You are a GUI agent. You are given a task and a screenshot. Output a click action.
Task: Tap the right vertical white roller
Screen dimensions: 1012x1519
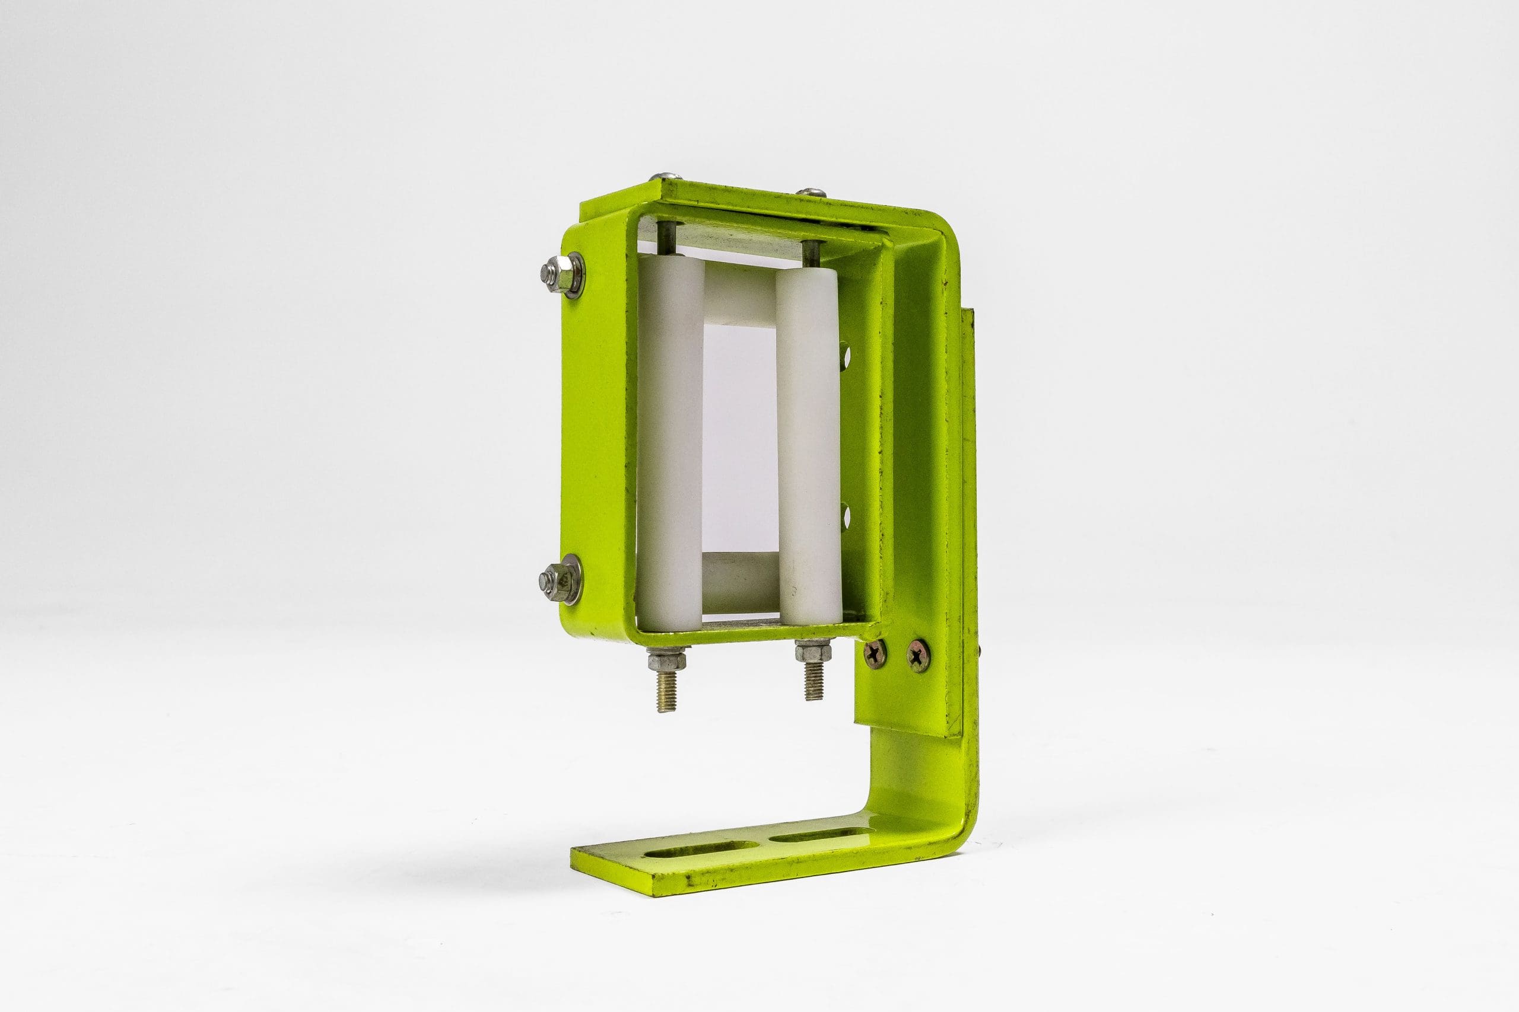click(808, 439)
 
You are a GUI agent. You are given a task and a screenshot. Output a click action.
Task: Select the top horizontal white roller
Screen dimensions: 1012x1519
click(739, 293)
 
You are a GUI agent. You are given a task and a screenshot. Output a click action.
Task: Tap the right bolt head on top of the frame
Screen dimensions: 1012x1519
click(811, 191)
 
